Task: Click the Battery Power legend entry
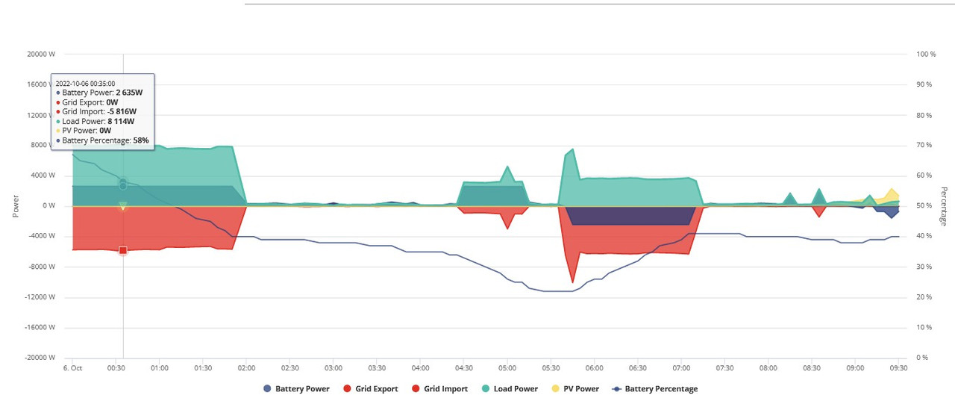[x=297, y=388]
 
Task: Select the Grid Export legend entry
[x=371, y=388]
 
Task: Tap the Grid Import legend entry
[x=439, y=388]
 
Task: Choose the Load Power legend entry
[x=510, y=388]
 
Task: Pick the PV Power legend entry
[x=575, y=388]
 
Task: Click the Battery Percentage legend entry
[x=655, y=388]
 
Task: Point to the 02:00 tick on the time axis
[x=246, y=367]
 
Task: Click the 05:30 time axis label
[x=551, y=367]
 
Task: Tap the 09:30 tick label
[x=899, y=367]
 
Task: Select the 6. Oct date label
[x=72, y=367]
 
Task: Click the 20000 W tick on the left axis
[x=41, y=55]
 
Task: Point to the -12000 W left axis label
[x=40, y=297]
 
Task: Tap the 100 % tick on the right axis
[x=926, y=55]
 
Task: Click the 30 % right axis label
[x=924, y=267]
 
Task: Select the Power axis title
[x=16, y=206]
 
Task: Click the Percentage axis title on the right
[x=944, y=206]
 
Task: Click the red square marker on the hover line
[x=123, y=250]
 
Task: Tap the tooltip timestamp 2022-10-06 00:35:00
[x=85, y=84]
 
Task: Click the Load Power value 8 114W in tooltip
[x=121, y=121]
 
